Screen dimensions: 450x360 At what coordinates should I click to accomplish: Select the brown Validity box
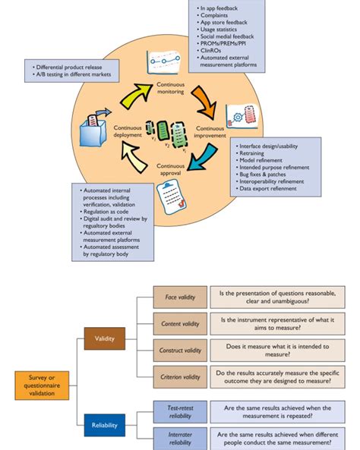point(104,338)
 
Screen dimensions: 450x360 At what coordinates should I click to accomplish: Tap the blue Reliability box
point(104,425)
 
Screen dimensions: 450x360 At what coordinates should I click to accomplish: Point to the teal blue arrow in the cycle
point(204,161)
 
